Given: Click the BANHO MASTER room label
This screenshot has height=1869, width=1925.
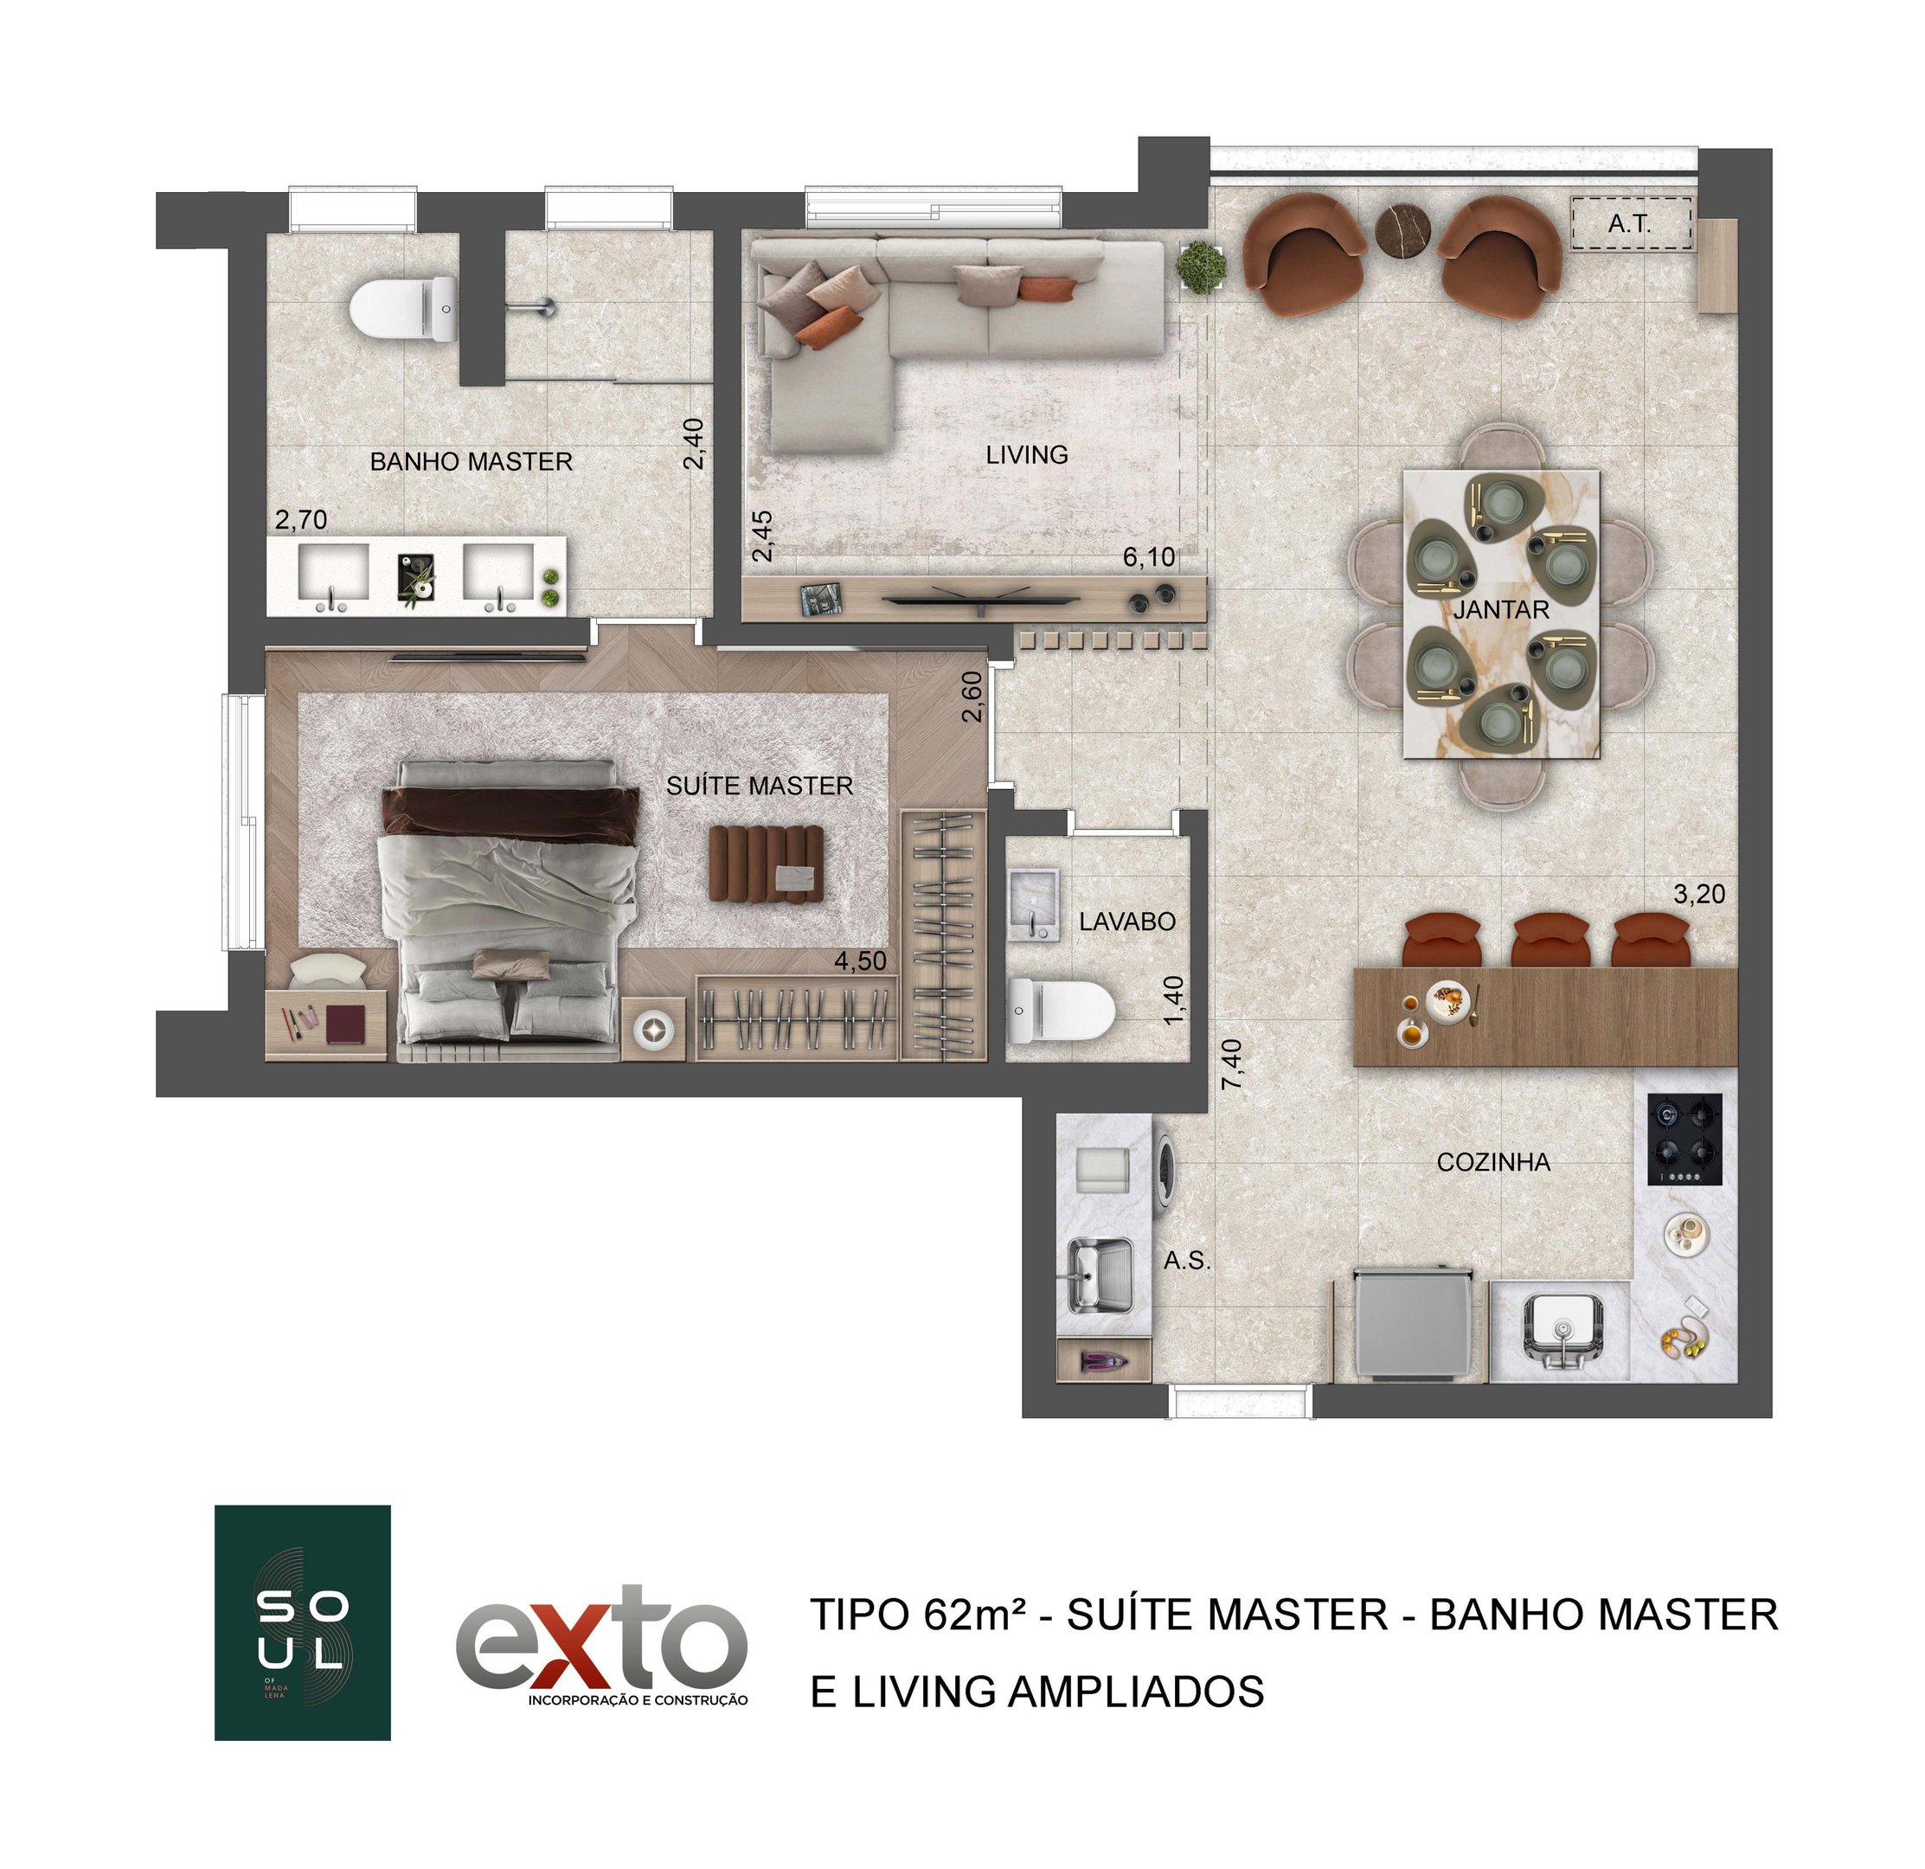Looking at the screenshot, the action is [472, 461].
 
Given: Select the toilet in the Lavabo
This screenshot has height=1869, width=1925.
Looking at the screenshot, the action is [1061, 1010].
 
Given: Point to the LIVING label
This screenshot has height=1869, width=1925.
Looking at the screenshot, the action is [1026, 455].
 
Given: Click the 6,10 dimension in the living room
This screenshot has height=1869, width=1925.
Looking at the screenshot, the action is [1149, 558].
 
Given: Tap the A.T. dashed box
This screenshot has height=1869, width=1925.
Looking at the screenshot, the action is [1630, 224].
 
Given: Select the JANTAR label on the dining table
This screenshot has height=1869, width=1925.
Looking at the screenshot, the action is [1501, 610].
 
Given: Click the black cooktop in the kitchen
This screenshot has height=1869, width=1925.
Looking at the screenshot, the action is [1685, 1140].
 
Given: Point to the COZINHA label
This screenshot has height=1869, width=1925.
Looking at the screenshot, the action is [1493, 1163].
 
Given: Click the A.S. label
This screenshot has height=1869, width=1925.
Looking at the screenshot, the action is [1186, 1261].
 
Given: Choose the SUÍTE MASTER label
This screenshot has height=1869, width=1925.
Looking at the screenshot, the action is [760, 786].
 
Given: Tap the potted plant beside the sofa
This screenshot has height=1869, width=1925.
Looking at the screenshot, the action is [1200, 267].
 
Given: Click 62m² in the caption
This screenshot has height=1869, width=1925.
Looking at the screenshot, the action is [974, 1615].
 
